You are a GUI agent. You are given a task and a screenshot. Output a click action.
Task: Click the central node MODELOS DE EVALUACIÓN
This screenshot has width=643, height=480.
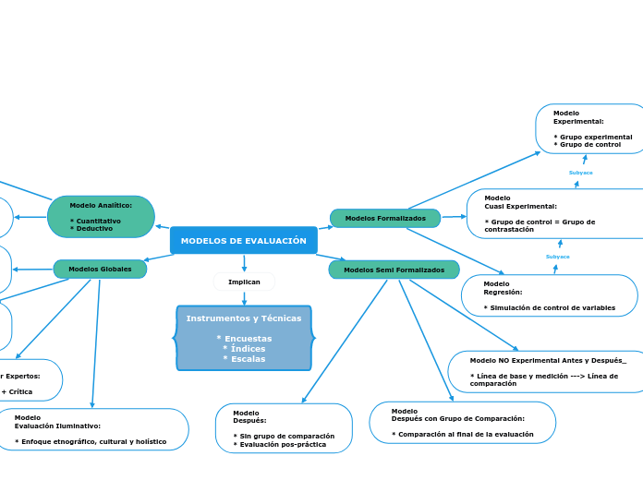[x=244, y=241]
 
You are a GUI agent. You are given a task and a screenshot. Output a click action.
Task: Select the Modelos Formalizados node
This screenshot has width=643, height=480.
[x=385, y=219]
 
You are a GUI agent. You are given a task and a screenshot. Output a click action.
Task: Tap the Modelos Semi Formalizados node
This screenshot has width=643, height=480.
[x=394, y=270]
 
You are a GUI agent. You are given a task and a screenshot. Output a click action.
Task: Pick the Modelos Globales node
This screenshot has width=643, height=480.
[x=100, y=270]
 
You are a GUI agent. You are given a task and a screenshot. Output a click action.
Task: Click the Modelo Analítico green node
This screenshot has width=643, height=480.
[x=101, y=217]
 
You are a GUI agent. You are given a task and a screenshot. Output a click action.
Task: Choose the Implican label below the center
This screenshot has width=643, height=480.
[x=244, y=282]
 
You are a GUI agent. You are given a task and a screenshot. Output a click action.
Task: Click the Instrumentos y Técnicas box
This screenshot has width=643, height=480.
[x=244, y=338]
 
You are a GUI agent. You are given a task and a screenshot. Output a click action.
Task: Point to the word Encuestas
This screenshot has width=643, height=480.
[x=244, y=339]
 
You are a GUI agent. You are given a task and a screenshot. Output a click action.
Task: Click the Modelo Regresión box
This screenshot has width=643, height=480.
[x=549, y=295]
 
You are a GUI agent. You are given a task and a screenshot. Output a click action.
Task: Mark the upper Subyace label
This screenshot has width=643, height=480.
[x=581, y=173]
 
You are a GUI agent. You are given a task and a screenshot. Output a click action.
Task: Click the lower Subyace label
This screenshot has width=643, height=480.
[x=558, y=257]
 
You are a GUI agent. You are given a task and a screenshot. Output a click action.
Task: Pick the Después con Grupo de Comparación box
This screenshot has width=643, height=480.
[x=462, y=422]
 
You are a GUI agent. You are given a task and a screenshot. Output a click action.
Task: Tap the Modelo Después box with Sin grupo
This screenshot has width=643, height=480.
[x=284, y=428]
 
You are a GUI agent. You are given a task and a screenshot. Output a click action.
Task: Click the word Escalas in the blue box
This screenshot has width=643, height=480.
[x=244, y=359]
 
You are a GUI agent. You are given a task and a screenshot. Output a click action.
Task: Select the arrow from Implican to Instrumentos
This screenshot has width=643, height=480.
[x=244, y=298]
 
